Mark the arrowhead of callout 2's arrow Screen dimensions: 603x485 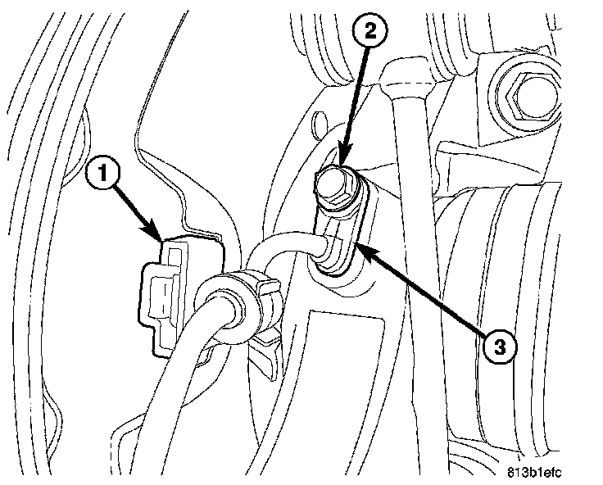(341, 168)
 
